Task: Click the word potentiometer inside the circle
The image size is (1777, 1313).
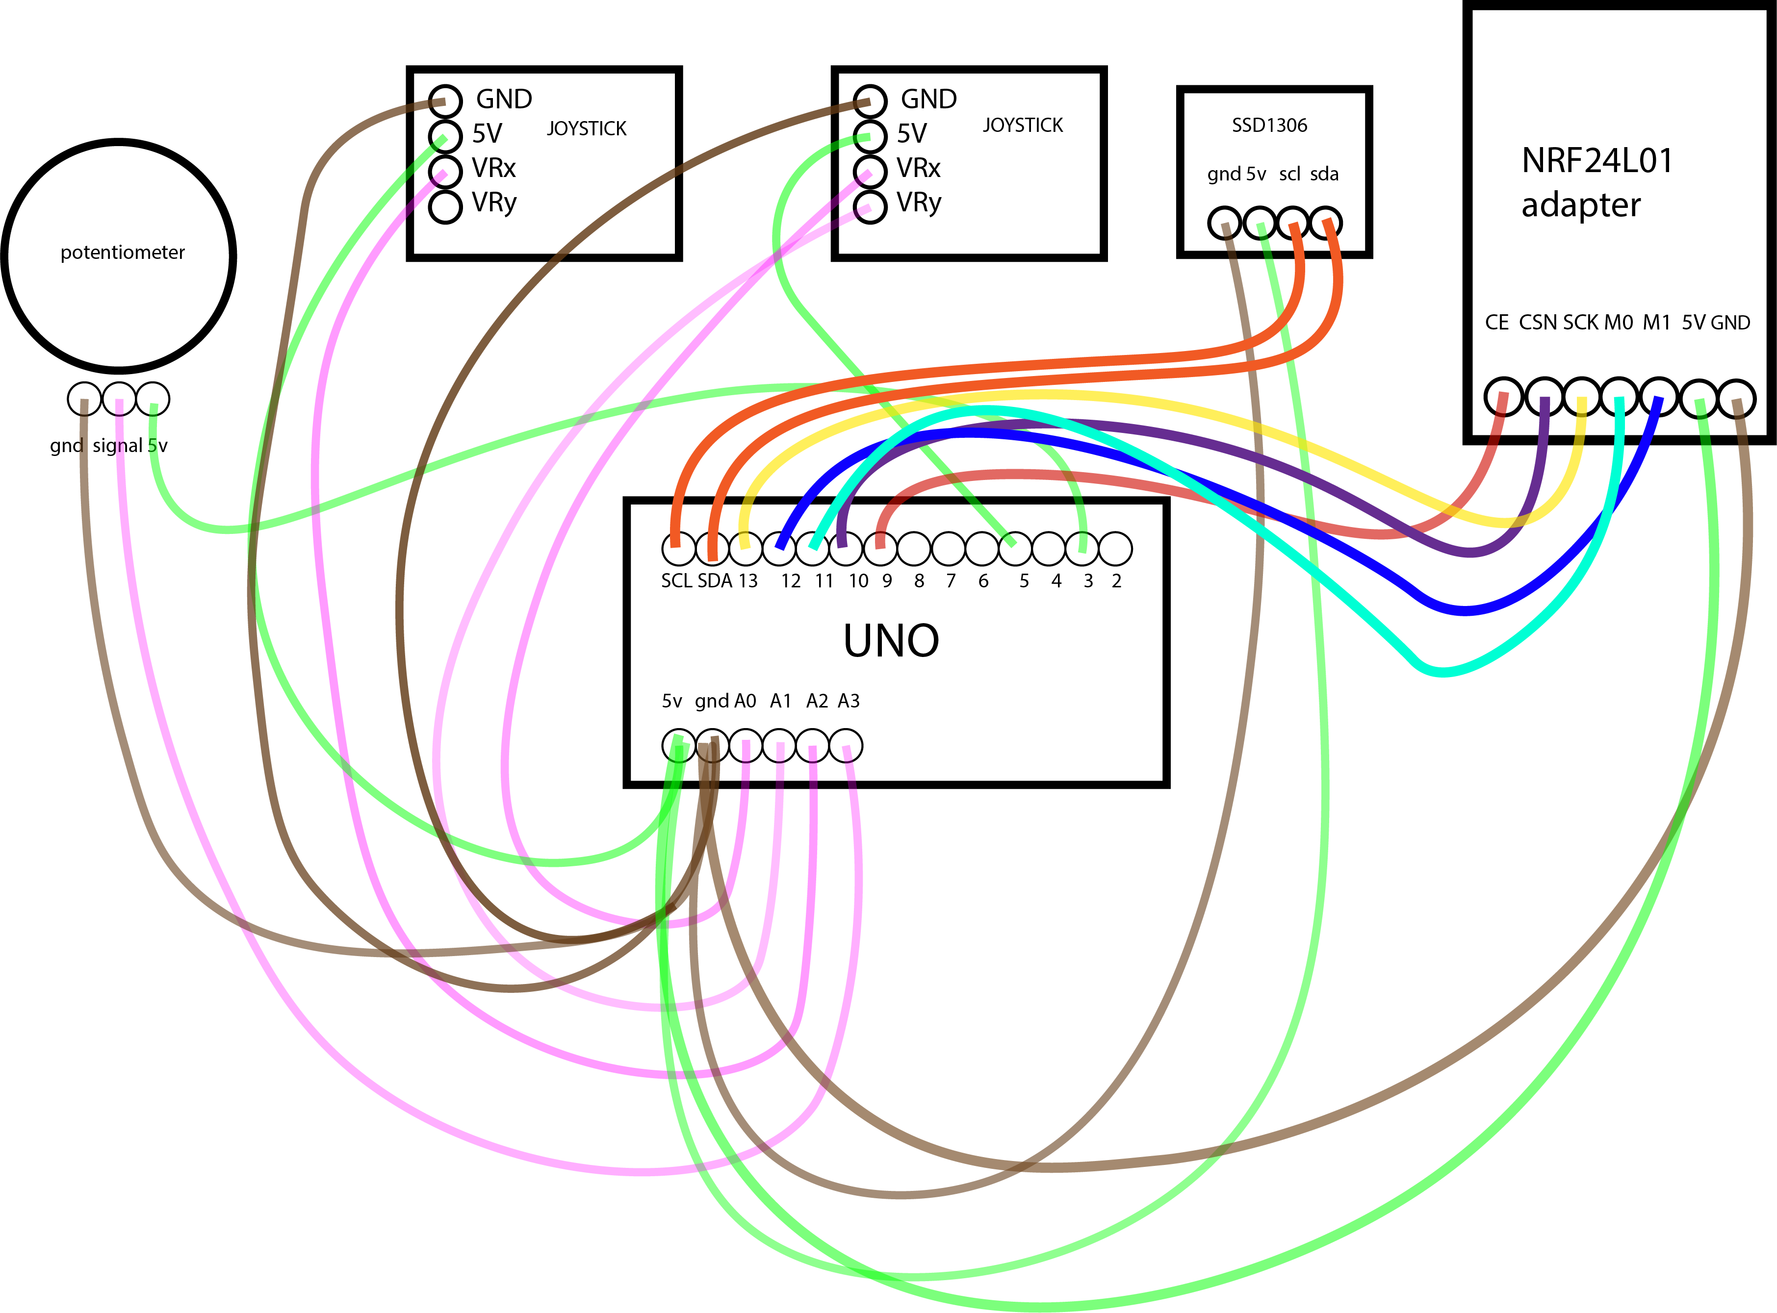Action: (x=123, y=252)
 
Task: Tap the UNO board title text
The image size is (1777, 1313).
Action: (x=891, y=641)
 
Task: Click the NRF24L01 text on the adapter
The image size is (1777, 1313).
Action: (x=1597, y=160)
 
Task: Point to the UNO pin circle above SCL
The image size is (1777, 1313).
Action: (x=678, y=549)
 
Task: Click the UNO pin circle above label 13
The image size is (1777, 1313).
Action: (x=746, y=549)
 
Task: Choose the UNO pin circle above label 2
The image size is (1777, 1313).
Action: (x=1115, y=549)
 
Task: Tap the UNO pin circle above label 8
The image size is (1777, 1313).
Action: (x=914, y=549)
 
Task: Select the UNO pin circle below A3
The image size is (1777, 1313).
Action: (x=846, y=746)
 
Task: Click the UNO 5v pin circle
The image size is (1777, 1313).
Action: (x=678, y=746)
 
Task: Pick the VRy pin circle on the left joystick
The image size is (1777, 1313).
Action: (x=445, y=206)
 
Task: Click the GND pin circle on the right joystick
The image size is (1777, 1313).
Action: (x=871, y=101)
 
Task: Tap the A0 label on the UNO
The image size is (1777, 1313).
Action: (x=745, y=701)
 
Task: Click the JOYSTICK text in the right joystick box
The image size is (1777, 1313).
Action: (x=1023, y=126)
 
